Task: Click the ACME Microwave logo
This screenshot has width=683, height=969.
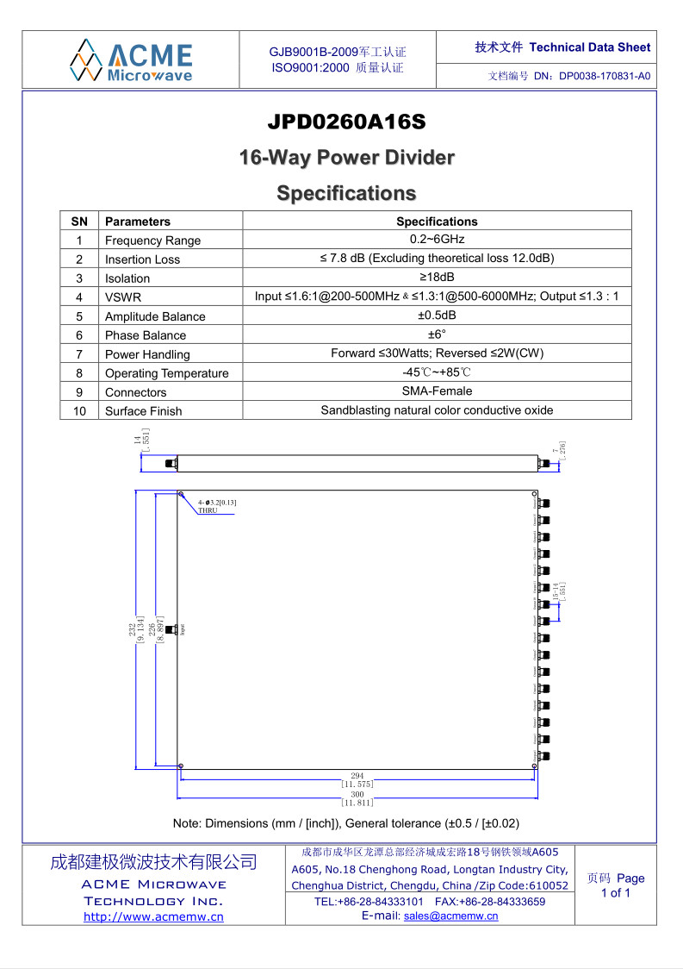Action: click(x=131, y=59)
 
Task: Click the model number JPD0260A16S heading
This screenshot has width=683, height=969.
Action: click(x=346, y=122)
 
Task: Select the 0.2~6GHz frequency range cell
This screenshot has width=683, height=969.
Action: click(x=437, y=240)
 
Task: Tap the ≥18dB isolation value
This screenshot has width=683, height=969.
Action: click(x=437, y=278)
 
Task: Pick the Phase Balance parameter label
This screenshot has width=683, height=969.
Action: click(x=145, y=335)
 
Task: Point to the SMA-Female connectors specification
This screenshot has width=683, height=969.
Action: click(x=437, y=391)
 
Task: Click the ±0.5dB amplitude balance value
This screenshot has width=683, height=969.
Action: click(x=437, y=316)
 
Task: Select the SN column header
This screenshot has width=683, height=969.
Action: click(x=79, y=222)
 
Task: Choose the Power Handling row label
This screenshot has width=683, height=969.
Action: click(x=147, y=354)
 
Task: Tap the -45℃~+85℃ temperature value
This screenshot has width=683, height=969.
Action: click(x=437, y=372)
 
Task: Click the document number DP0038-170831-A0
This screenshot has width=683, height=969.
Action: click(x=604, y=76)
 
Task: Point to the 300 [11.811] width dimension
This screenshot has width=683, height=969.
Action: click(x=357, y=798)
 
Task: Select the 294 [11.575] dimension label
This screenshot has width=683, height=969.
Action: click(x=357, y=780)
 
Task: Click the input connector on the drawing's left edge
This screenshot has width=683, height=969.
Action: click(x=171, y=629)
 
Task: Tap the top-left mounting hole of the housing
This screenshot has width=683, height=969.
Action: click(x=182, y=495)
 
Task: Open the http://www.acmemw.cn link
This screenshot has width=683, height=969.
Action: click(x=153, y=916)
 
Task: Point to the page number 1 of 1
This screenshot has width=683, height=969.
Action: click(x=615, y=893)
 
